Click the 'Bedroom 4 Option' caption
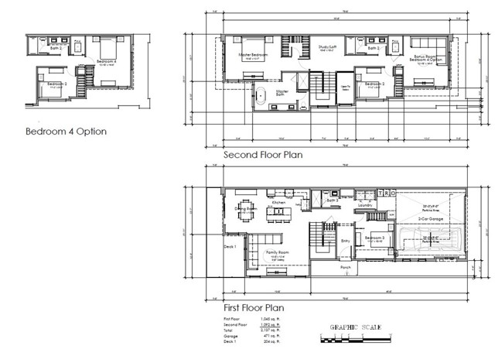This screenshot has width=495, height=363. pos(66,132)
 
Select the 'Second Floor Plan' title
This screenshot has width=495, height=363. pos(263,155)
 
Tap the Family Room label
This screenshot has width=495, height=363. pos(278,253)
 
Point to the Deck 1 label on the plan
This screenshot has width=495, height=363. pos(229,247)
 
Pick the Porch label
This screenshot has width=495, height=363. pos(346,267)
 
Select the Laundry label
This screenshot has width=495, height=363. pos(366,205)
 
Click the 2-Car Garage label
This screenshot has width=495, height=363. pos(430,219)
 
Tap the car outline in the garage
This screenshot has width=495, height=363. pos(430,242)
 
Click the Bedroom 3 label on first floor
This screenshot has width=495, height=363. pos(374,238)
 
